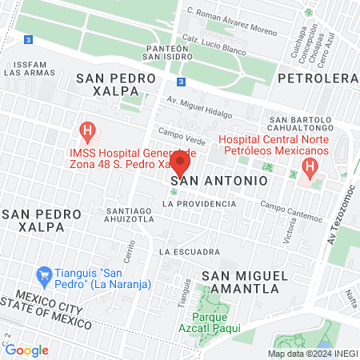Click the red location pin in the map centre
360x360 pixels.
point(180,165)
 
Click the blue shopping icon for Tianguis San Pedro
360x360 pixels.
point(46,274)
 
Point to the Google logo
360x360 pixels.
point(26,350)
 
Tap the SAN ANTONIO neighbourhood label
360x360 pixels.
point(219,182)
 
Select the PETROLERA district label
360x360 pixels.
point(318,78)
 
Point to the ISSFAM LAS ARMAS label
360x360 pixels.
point(30,68)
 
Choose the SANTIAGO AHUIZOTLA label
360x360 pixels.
point(130,216)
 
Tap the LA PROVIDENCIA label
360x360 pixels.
point(199,204)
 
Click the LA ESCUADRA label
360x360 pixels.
point(190,252)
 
